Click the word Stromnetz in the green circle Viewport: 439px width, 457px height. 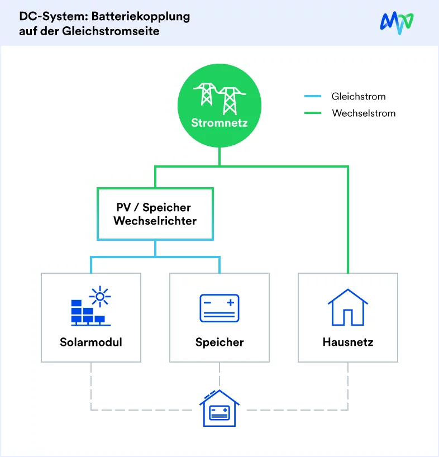click(x=219, y=122)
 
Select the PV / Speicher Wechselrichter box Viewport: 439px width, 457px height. click(x=155, y=214)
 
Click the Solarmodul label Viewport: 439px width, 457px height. click(x=91, y=342)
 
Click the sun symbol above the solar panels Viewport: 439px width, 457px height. click(x=101, y=296)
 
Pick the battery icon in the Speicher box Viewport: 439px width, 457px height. click(x=219, y=308)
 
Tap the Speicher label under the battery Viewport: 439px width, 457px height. click(x=219, y=342)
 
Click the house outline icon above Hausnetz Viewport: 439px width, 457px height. click(x=347, y=307)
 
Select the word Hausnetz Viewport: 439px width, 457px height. click(x=348, y=342)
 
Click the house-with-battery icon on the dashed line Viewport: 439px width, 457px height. click(x=219, y=409)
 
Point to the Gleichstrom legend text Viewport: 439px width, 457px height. click(x=359, y=97)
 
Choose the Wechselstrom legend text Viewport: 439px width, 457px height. click(x=364, y=113)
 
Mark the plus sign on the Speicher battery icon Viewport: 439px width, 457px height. click(x=230, y=303)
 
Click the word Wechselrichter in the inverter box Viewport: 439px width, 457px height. click(x=155, y=221)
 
